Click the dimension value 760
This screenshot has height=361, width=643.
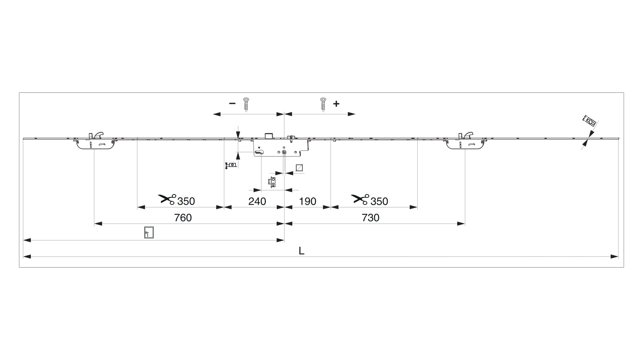183,218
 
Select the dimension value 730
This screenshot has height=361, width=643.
370,218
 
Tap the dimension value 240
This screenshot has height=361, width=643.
257,201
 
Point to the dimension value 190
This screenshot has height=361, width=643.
307,201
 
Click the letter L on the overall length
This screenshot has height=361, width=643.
301,251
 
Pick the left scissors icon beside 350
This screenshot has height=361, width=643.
167,199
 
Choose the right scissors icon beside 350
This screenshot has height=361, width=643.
360,199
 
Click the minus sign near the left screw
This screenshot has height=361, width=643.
232,104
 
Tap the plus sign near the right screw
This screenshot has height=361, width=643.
336,104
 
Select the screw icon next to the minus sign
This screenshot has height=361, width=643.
246,104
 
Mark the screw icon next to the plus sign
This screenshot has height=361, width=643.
323,104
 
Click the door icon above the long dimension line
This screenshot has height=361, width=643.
149,232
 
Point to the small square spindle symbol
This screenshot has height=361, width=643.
299,168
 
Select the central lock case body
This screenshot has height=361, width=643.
281,147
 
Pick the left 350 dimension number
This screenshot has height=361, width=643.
186,201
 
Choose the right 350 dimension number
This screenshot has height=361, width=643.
379,201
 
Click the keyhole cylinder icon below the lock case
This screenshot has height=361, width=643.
272,182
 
